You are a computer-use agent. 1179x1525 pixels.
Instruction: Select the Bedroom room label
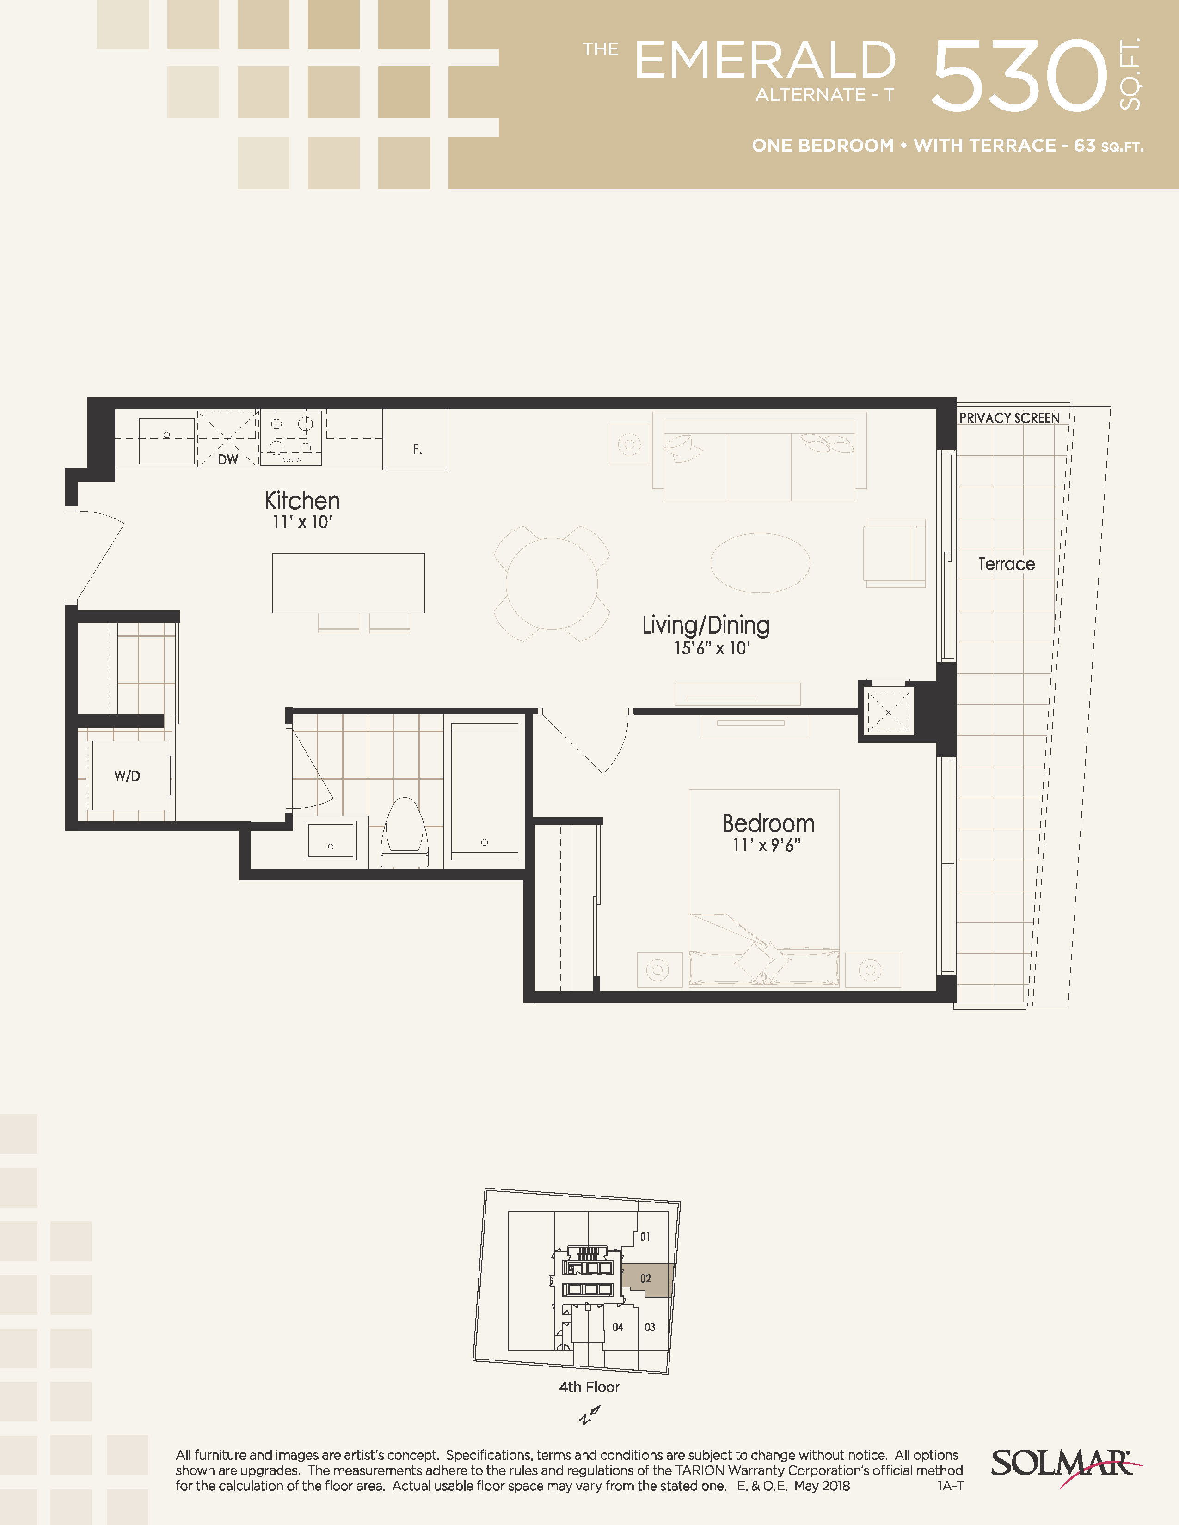(x=768, y=823)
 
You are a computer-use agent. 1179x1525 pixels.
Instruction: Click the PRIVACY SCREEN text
(x=1009, y=418)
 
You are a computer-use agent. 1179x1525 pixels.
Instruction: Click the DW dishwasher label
(x=227, y=459)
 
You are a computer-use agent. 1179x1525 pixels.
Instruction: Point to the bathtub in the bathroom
(x=484, y=791)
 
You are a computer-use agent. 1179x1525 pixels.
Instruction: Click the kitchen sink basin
(x=166, y=441)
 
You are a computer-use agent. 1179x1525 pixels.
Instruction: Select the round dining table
(x=552, y=584)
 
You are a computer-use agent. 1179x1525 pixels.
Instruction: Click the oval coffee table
(x=760, y=563)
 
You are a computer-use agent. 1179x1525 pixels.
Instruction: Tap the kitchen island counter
(x=349, y=583)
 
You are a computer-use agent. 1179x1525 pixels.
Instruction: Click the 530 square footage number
(x=1020, y=75)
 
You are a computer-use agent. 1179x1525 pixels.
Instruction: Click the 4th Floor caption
(x=589, y=1387)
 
